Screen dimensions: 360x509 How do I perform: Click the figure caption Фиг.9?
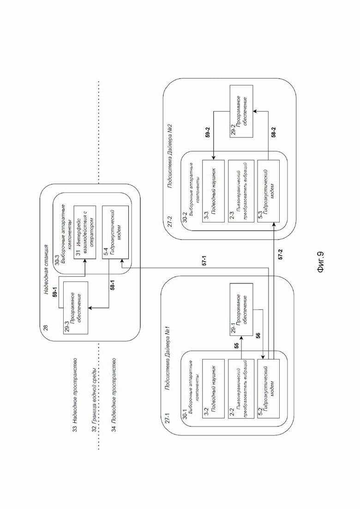(x=320, y=262)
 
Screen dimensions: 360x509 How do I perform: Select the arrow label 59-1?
(x=55, y=291)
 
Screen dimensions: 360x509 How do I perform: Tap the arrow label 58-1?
(x=113, y=285)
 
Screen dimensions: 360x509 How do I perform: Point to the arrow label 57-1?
(x=204, y=260)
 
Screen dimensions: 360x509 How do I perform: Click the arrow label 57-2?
(x=280, y=254)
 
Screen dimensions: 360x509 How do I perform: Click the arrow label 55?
(x=236, y=346)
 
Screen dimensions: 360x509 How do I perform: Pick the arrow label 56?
(x=258, y=335)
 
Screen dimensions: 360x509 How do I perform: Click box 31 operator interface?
(x=85, y=232)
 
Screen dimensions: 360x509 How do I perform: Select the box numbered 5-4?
(x=115, y=232)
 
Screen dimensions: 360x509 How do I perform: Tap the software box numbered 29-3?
(x=76, y=307)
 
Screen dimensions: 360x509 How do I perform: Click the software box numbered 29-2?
(x=241, y=111)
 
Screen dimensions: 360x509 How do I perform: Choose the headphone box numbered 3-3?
(x=213, y=191)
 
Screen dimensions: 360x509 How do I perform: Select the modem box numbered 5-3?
(x=269, y=191)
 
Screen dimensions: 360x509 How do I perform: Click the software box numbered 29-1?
(x=241, y=309)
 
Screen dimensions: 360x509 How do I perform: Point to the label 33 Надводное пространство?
(x=75, y=395)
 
